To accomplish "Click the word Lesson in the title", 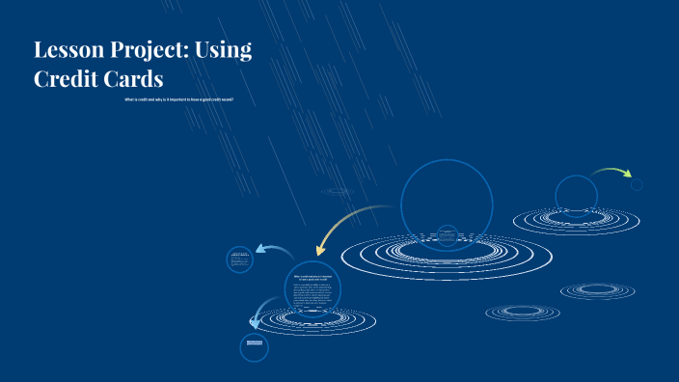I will point(67,51).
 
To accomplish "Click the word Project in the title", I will point(144,52).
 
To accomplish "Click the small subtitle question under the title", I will point(178,99).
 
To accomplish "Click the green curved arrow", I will point(611,173).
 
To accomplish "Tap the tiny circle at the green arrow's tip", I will point(637,184).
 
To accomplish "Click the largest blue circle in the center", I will point(447,204).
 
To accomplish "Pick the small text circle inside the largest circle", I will point(447,234).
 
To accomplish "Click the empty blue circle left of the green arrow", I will point(576,195).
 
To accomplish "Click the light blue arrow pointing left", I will point(276,252).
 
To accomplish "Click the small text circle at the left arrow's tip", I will point(240,259).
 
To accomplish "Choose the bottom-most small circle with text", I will point(254,347).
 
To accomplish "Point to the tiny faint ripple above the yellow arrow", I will point(338,191).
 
